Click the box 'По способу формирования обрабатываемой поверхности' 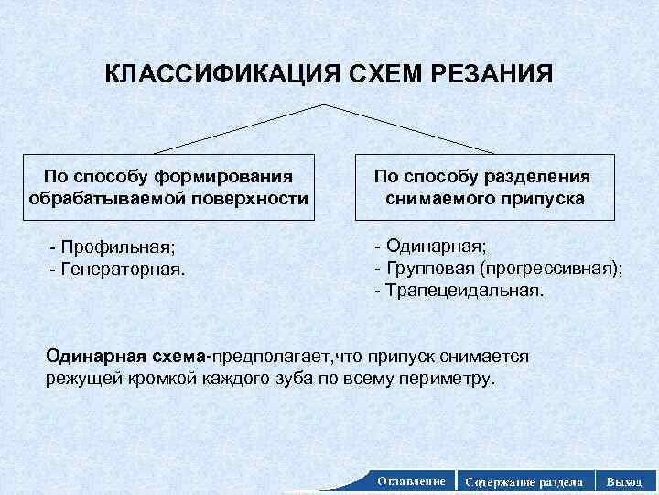click(168, 187)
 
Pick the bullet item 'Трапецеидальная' click(459, 291)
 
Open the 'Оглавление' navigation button click(411, 480)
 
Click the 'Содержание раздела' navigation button click(524, 481)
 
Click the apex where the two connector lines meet click(325, 105)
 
